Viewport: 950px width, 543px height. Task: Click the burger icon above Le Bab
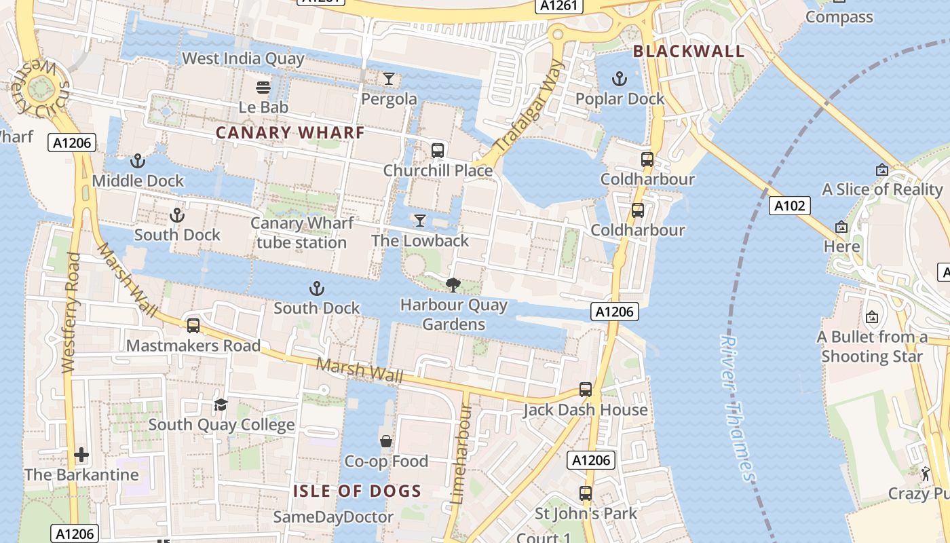(263, 87)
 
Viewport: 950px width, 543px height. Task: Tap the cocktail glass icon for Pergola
(388, 79)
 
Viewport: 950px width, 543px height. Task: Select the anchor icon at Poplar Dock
(619, 79)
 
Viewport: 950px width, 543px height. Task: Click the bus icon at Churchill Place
(438, 150)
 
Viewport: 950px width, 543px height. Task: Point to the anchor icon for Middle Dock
(138, 161)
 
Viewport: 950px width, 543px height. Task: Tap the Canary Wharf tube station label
(302, 233)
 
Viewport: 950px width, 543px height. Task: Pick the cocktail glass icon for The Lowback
(420, 221)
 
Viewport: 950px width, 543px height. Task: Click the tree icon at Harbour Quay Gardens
(453, 285)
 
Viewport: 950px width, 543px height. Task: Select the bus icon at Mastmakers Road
(193, 326)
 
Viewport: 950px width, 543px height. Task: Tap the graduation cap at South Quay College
(221, 405)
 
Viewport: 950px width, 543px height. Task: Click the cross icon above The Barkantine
(81, 454)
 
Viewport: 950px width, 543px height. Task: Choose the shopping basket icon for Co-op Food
(386, 442)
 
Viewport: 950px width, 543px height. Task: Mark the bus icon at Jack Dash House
(586, 390)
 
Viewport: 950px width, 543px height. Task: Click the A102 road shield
(790, 205)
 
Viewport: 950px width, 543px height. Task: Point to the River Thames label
(736, 407)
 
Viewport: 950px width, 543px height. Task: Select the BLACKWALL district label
(689, 51)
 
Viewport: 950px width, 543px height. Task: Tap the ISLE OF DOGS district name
(357, 491)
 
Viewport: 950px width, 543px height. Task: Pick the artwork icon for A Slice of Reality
(882, 170)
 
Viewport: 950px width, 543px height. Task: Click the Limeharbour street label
(461, 453)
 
